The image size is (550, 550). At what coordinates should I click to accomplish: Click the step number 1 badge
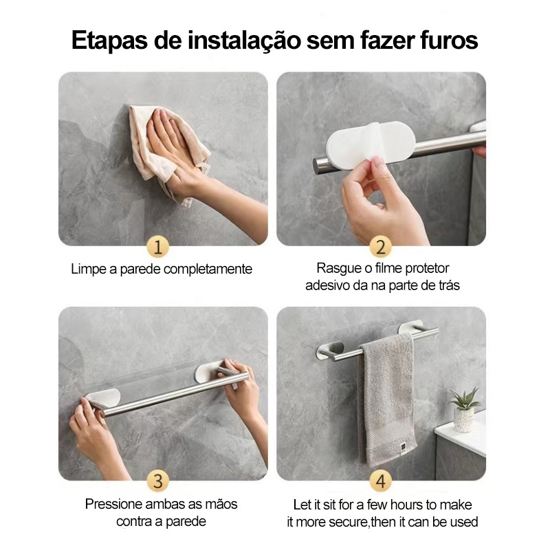point(158,247)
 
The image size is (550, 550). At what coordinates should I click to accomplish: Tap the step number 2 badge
point(381,247)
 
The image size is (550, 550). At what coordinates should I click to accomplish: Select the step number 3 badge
point(158,481)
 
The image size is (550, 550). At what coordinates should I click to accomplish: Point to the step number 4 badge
point(381,481)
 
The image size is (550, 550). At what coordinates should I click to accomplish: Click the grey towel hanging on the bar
point(387,400)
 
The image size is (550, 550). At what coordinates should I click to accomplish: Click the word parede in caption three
point(186,522)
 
